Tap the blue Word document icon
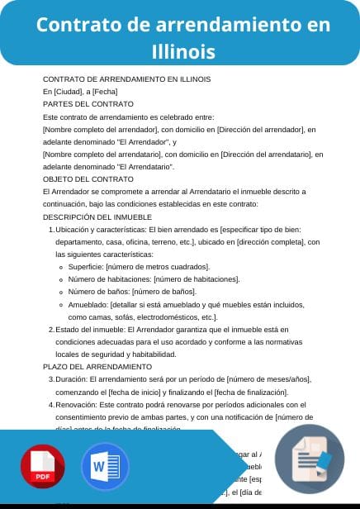pos(105,467)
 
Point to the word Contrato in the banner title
pos(78,25)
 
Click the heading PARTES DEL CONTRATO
pos(88,104)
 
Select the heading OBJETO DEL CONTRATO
pos(88,178)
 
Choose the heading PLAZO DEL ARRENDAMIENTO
pos(97,366)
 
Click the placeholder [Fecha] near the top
pos(105,92)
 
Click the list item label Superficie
pos(84,267)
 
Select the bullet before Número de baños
pos(62,293)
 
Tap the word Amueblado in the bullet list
pos(88,305)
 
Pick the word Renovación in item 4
pos(75,404)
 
